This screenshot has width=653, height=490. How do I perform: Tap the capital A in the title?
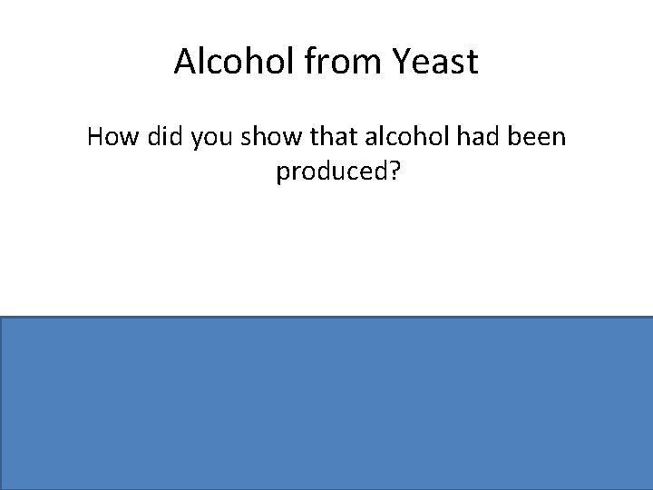coord(183,62)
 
